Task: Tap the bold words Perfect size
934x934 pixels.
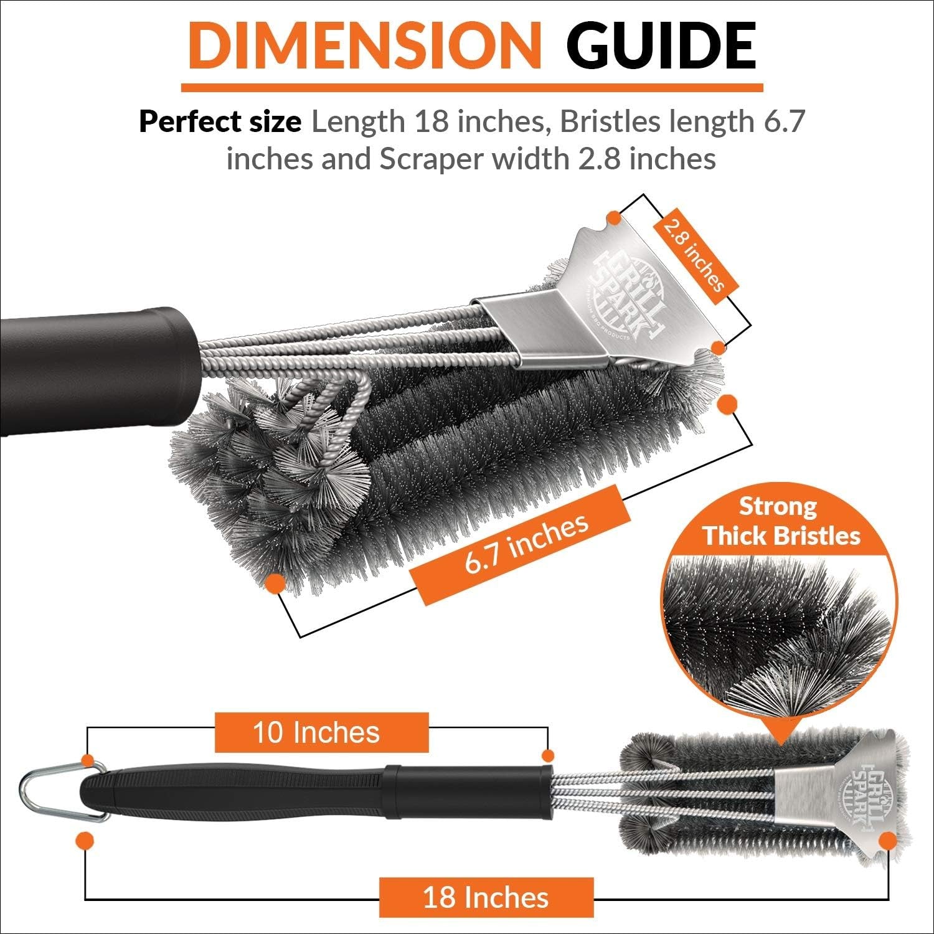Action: [x=219, y=122]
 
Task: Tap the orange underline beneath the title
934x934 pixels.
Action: [x=471, y=87]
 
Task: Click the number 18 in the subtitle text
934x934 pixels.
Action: [x=432, y=122]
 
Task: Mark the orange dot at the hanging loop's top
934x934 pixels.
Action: [x=88, y=761]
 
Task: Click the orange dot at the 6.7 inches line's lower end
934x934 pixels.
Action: [x=275, y=583]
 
